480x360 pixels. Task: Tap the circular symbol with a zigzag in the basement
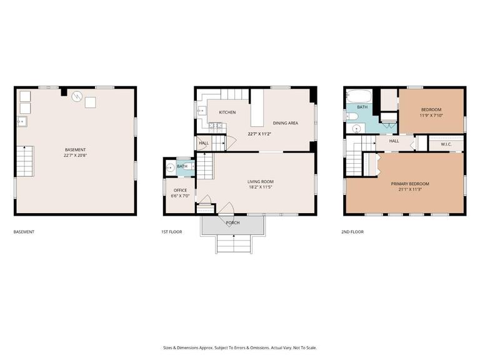pos(76,97)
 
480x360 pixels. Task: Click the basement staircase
pos(24,161)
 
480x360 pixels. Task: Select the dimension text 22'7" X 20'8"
pos(75,156)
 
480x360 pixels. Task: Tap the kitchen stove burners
pos(216,127)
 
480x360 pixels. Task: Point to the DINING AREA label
pos(285,123)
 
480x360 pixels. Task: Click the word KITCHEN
pos(227,112)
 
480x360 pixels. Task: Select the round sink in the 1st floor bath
pos(170,167)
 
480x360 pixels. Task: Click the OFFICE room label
pos(181,191)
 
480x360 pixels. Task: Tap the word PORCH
pos(232,222)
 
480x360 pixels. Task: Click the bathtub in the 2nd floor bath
pos(359,97)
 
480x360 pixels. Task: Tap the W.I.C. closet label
pos(446,144)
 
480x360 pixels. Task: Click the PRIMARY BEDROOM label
pos(410,184)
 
